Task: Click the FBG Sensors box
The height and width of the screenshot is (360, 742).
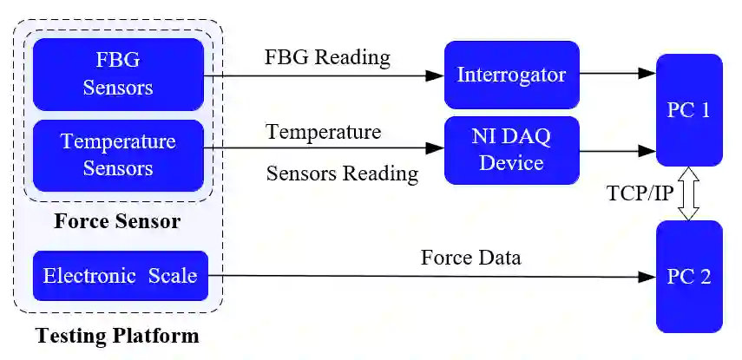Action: pyautogui.click(x=118, y=75)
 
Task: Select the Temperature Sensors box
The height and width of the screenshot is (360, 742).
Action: pyautogui.click(x=118, y=154)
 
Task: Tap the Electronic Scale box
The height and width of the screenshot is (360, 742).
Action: pyautogui.click(x=120, y=277)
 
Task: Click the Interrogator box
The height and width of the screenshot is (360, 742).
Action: pyautogui.click(x=511, y=75)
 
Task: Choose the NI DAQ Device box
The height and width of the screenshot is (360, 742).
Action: pyautogui.click(x=511, y=150)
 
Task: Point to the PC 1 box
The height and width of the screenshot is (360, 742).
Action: pyautogui.click(x=689, y=110)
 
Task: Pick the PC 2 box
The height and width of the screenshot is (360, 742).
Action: pyautogui.click(x=689, y=277)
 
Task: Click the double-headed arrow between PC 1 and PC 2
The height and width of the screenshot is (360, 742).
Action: pyautogui.click(x=689, y=193)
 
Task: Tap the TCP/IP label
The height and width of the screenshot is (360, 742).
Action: pyautogui.click(x=640, y=193)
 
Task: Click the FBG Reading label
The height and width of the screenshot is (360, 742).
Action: pyautogui.click(x=327, y=58)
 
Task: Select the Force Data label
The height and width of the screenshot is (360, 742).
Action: pyautogui.click(x=471, y=258)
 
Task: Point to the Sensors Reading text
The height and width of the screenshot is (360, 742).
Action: pyautogui.click(x=342, y=173)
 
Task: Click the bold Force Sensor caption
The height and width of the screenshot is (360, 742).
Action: pyautogui.click(x=117, y=221)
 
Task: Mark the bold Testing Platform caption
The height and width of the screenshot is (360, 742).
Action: pyautogui.click(x=117, y=336)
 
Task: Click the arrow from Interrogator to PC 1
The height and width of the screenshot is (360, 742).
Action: pyautogui.click(x=617, y=75)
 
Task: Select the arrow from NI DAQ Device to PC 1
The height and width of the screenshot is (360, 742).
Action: pyautogui.click(x=617, y=150)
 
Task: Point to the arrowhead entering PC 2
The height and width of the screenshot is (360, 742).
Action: pyautogui.click(x=647, y=278)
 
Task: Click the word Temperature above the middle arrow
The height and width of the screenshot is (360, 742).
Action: pyautogui.click(x=323, y=133)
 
